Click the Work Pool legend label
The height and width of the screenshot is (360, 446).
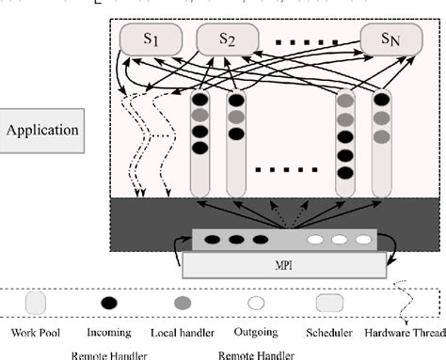click(34, 332)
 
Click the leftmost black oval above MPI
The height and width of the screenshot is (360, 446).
click(215, 239)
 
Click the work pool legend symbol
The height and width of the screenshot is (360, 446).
click(35, 303)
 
